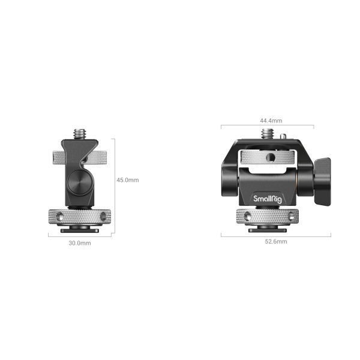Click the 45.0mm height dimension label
click(x=127, y=179)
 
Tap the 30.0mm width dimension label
click(x=80, y=243)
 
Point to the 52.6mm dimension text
click(x=275, y=241)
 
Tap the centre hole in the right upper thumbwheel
click(x=269, y=158)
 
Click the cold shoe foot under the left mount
click(x=79, y=228)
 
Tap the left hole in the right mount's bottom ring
click(x=248, y=216)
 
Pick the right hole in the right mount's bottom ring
click(x=284, y=216)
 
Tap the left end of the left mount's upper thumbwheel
click(x=53, y=158)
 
